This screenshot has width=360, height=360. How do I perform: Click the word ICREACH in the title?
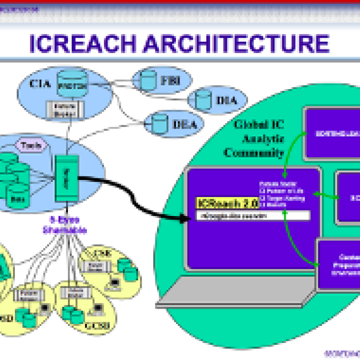tap(83, 44)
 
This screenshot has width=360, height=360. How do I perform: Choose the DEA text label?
tap(184, 125)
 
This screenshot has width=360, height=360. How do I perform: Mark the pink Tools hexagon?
tap(31, 145)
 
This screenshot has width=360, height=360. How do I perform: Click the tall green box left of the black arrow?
tap(66, 178)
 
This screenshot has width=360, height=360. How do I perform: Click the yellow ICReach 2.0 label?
tap(227, 204)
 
